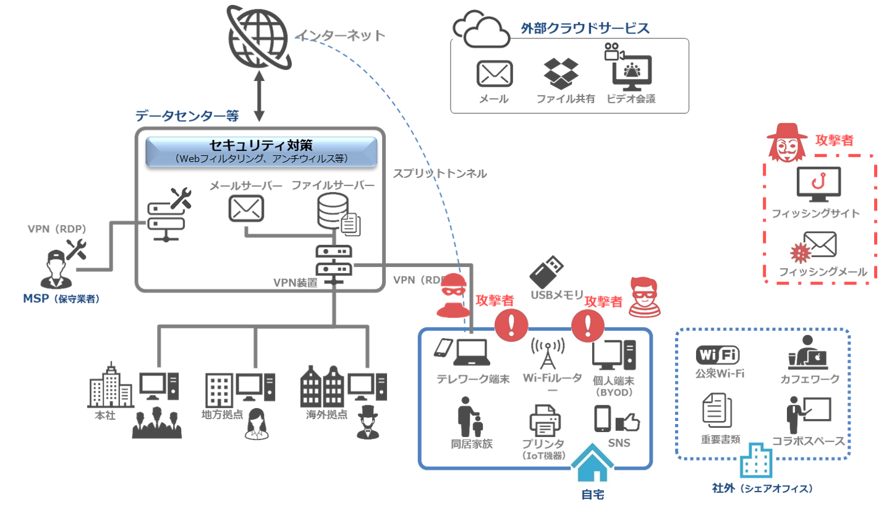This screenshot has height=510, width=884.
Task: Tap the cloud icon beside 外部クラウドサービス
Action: tap(482, 29)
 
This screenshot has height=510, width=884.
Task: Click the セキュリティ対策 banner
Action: tap(261, 151)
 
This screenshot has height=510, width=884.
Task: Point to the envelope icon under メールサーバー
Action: tap(246, 208)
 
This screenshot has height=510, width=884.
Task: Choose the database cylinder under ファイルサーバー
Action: tap(332, 210)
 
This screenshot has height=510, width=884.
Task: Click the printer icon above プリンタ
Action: tap(544, 421)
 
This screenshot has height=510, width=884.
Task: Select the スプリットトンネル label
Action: tap(440, 174)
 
